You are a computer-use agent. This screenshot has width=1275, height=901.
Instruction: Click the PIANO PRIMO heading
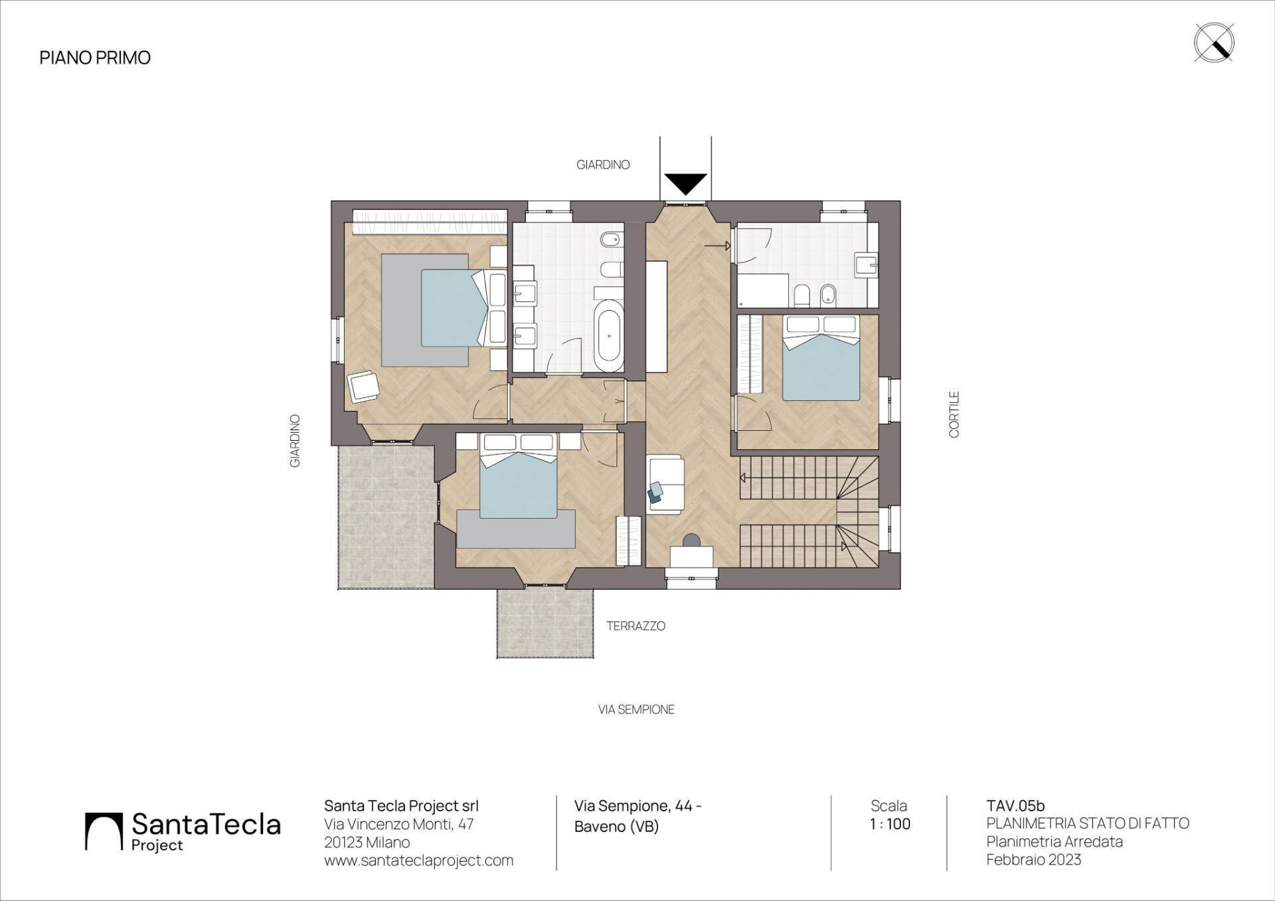click(95, 58)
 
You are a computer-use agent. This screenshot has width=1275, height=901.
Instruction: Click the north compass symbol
click(1214, 43)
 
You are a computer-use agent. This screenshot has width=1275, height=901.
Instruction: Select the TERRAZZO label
click(636, 626)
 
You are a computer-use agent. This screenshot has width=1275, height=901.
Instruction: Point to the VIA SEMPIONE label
click(636, 710)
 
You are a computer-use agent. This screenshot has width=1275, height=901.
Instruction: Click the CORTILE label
click(954, 414)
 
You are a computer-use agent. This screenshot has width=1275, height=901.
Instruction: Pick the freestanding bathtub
click(609, 336)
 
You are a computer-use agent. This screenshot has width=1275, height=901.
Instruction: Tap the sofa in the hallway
click(665, 484)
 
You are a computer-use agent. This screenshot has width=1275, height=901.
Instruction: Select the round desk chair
click(691, 540)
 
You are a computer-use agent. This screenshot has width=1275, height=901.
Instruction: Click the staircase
click(809, 511)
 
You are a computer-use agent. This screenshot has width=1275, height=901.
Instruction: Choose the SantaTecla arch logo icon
click(104, 831)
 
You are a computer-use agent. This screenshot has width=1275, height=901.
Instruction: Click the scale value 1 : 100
click(890, 825)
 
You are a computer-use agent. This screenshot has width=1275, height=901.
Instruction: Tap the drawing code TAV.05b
click(1015, 806)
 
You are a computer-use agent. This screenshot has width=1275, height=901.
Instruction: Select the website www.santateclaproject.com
click(418, 860)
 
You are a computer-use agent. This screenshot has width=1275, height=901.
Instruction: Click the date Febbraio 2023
click(1033, 860)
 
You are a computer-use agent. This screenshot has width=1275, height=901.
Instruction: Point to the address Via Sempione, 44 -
click(638, 806)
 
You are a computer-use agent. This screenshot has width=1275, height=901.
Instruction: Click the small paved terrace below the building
click(545, 623)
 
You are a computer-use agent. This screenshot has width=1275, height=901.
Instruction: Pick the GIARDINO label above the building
click(603, 165)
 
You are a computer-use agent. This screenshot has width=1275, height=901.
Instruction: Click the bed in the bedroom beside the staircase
click(821, 359)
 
